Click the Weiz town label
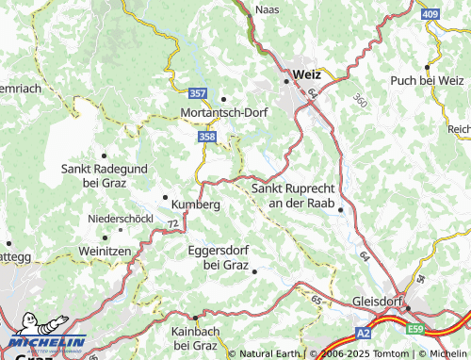point(307,74)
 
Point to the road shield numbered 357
point(197,94)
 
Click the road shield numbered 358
point(207,138)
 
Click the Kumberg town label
point(196,204)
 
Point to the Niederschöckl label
point(119,219)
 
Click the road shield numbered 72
point(172,222)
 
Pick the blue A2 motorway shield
point(365,333)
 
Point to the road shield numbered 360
point(360,99)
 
